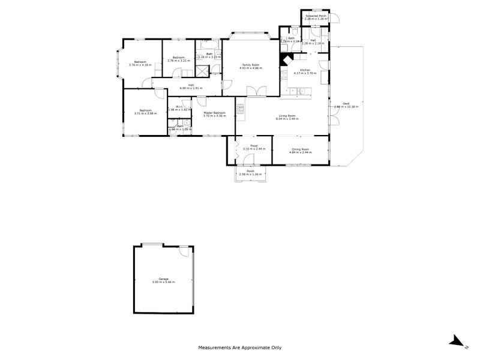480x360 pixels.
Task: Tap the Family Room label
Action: click(250, 64)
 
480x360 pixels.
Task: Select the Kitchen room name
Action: click(305, 70)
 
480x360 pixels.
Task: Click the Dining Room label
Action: click(301, 149)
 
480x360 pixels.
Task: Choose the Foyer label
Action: click(247, 146)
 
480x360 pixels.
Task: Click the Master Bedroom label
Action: click(214, 112)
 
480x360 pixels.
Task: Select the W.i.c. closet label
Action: click(179, 107)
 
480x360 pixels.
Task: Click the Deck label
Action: click(346, 103)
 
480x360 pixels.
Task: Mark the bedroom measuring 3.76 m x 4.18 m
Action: click(140, 62)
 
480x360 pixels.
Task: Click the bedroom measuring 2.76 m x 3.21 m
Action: click(178, 58)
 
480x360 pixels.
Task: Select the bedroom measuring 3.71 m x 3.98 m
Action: click(145, 110)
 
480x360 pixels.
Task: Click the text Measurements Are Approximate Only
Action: click(240, 347)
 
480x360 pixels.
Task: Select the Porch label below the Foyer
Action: click(251, 171)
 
